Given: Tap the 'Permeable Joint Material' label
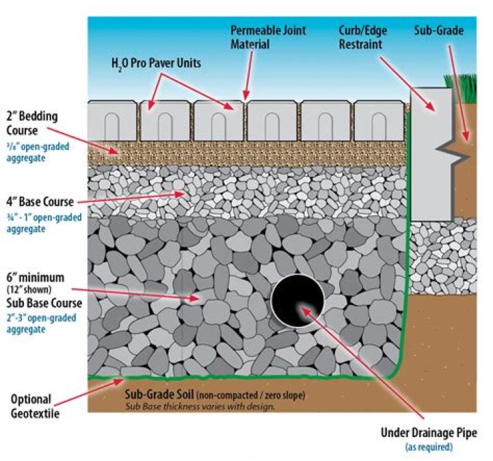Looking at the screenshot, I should [x=268, y=38].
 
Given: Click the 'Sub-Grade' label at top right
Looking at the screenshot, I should [x=439, y=31].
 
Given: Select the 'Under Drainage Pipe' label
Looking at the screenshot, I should [x=429, y=433].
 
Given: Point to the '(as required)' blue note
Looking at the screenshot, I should [x=429, y=447].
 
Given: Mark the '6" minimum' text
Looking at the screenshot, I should [x=37, y=277].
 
